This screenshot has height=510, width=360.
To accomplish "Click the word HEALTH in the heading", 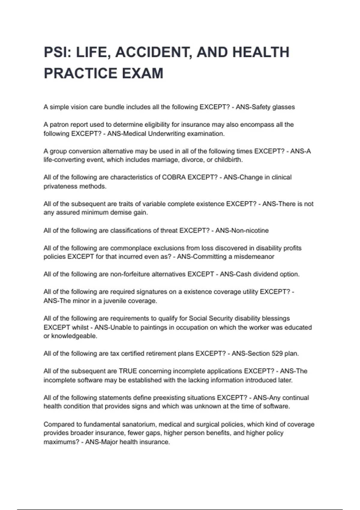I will pos(261,52).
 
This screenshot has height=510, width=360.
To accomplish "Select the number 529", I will pos(277,353).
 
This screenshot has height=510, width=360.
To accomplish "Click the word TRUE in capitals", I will pos(128,371).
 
